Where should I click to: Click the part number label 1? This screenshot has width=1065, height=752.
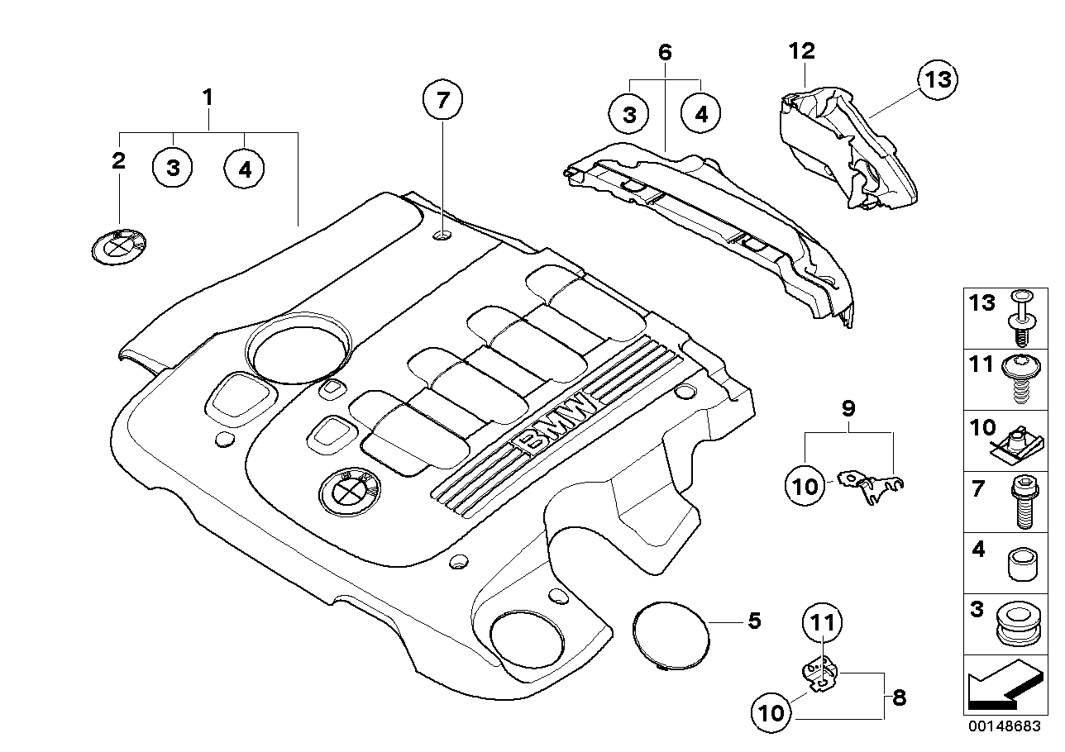pos(208,98)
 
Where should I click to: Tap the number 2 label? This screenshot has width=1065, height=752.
pos(119,160)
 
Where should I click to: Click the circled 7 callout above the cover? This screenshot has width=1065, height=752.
pos(442,102)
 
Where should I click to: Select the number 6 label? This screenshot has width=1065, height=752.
pos(665,52)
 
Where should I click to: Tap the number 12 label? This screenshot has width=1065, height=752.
pos(801,51)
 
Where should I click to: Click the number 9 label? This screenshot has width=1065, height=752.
pos(848,408)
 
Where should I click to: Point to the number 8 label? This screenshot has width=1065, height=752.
pos(900,697)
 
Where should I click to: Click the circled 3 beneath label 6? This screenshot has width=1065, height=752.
pos(630,115)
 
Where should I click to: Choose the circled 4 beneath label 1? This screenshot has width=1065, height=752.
pos(244,169)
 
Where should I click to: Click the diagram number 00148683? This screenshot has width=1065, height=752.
pos(1005,728)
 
